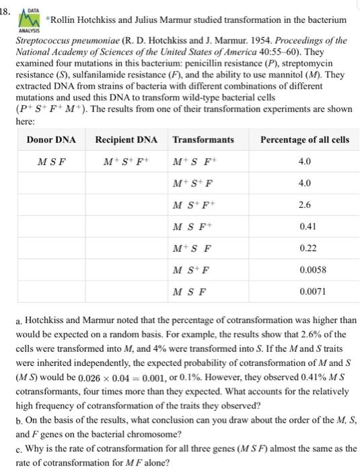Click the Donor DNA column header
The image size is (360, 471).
[51, 139]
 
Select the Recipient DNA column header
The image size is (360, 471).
[126, 139]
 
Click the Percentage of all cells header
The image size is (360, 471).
[304, 139]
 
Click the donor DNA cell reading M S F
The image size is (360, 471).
[51, 161]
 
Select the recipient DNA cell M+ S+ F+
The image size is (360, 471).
[126, 161]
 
